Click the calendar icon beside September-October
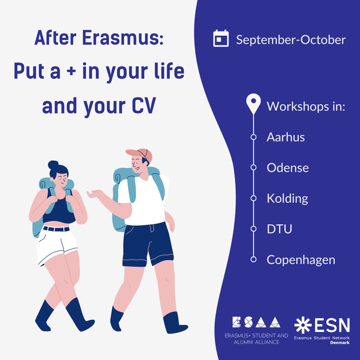pos(221,38)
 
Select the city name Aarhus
pos(286,137)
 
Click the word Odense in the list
pos(288,167)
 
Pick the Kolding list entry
pos(287,199)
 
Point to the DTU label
pos(279,229)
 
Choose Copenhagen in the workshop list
pos(301,260)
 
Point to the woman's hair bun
pos(53,164)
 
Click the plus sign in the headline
pos(71,71)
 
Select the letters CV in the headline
pos(144,106)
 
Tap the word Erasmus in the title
pos(123,38)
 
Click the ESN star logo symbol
pos(303,325)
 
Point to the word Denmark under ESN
pos(340,342)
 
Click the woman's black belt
pos(56,229)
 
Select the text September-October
pos(291,40)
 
